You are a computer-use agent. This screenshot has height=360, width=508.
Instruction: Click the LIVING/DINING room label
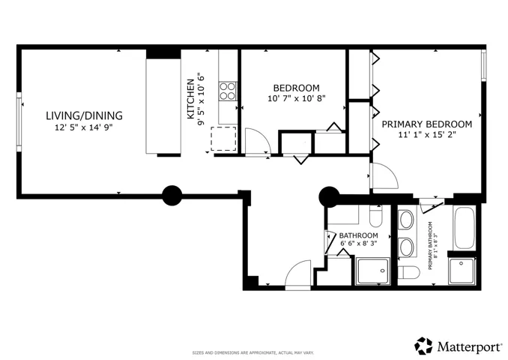[x=84, y=115]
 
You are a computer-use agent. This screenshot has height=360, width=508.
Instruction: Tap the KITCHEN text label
[x=191, y=99]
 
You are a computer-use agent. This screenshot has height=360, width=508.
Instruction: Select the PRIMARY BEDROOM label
[x=426, y=124]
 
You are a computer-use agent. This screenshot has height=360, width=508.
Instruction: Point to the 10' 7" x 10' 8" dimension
[x=297, y=98]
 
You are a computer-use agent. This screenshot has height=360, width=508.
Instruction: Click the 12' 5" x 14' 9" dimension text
[x=84, y=127]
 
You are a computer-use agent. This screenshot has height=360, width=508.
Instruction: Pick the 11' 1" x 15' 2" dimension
[x=427, y=134]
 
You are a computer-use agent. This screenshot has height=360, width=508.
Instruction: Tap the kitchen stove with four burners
[x=228, y=91]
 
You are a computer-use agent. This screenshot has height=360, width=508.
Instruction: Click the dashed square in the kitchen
[x=223, y=139]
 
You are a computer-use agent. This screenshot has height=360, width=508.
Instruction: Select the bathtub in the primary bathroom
[x=465, y=228]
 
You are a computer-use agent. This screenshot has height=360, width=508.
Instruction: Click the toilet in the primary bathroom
[x=408, y=272]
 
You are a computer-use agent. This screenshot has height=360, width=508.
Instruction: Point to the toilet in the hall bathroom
[x=376, y=216]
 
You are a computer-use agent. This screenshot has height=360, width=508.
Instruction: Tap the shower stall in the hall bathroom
[x=373, y=271]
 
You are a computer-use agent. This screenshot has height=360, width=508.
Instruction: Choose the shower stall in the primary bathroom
[x=462, y=271]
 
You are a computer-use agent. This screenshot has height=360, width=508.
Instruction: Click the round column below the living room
[x=172, y=196]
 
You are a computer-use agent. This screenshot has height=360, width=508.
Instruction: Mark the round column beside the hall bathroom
[x=329, y=196]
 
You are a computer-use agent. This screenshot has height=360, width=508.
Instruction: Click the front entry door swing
[x=297, y=274]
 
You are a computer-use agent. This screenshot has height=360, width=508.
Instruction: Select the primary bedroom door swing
[x=384, y=175]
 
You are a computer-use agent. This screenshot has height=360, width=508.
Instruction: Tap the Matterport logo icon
[x=423, y=346]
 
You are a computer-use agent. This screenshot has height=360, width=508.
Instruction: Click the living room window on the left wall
[x=19, y=121]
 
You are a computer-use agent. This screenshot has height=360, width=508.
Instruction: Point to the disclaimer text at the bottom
[x=253, y=352]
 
